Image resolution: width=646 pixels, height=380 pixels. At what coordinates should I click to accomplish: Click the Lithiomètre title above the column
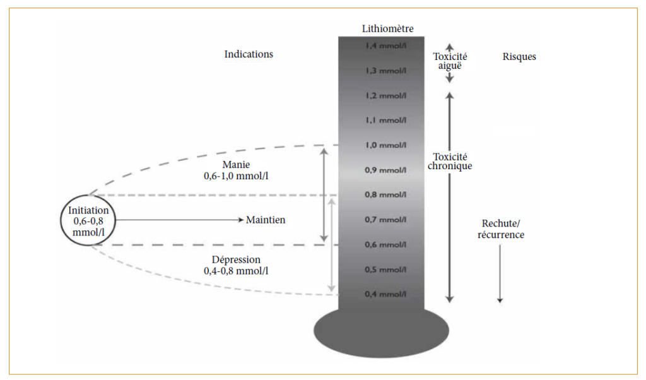[x=387, y=28]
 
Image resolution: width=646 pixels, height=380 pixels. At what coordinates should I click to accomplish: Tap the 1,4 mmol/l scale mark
[x=384, y=46]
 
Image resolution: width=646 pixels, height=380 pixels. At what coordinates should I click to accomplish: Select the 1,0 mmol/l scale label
[x=384, y=145]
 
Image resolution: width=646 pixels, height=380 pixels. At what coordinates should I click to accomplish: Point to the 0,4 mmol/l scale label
[x=384, y=294]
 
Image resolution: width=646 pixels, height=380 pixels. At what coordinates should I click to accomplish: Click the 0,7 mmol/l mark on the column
[x=384, y=220]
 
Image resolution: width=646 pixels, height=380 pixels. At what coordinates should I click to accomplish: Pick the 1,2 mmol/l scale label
[x=384, y=96]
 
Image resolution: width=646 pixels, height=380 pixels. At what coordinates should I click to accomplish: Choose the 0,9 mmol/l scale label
[x=384, y=170]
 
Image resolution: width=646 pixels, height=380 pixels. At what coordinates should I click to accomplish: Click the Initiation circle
[x=88, y=220]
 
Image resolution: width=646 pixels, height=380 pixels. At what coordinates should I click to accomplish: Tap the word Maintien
[x=266, y=220]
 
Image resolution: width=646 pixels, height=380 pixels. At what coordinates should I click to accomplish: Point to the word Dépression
[x=236, y=259]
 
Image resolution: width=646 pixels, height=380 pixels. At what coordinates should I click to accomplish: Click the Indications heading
[x=249, y=54]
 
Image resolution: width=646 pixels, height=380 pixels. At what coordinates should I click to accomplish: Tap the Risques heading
[x=519, y=56]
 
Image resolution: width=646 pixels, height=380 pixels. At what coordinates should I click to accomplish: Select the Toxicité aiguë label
[x=450, y=61]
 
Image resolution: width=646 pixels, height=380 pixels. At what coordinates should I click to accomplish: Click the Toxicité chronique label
[x=450, y=162]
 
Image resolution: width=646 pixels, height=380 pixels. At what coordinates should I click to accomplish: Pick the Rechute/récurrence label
[x=503, y=229]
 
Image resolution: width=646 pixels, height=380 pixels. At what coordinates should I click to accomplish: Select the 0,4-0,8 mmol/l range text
[x=236, y=271]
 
